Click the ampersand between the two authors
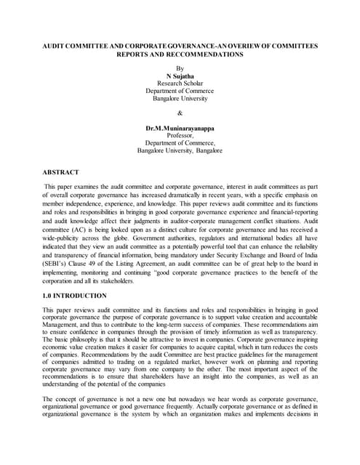(180, 113)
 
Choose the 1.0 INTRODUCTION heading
(76, 296)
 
